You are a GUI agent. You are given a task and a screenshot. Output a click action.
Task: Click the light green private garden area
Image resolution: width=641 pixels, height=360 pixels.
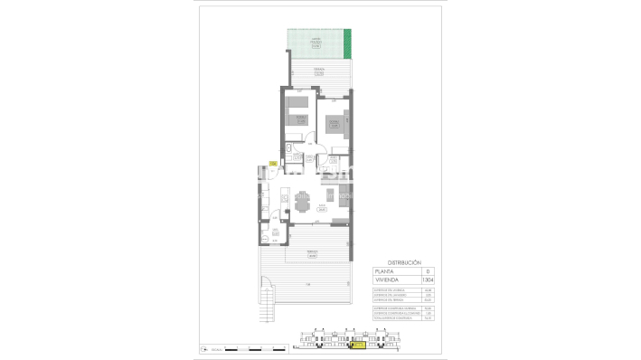(x=314, y=42)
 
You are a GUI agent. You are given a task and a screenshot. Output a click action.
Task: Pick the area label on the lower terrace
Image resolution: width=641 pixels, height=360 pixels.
(x=311, y=255)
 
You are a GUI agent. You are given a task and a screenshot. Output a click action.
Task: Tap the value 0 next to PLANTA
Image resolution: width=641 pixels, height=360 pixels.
(x=429, y=271)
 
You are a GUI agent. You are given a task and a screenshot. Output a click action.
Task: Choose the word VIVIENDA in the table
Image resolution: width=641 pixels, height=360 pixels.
(x=389, y=280)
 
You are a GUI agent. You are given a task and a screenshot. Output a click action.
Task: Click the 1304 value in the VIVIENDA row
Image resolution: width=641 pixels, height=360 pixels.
(x=429, y=280)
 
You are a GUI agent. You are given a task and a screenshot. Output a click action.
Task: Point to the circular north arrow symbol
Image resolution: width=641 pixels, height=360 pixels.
(x=204, y=347)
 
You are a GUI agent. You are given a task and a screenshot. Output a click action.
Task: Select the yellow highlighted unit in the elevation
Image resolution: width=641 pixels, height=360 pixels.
(x=359, y=345)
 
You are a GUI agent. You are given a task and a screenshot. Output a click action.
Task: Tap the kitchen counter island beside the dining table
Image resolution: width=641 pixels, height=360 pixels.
(x=283, y=201)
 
